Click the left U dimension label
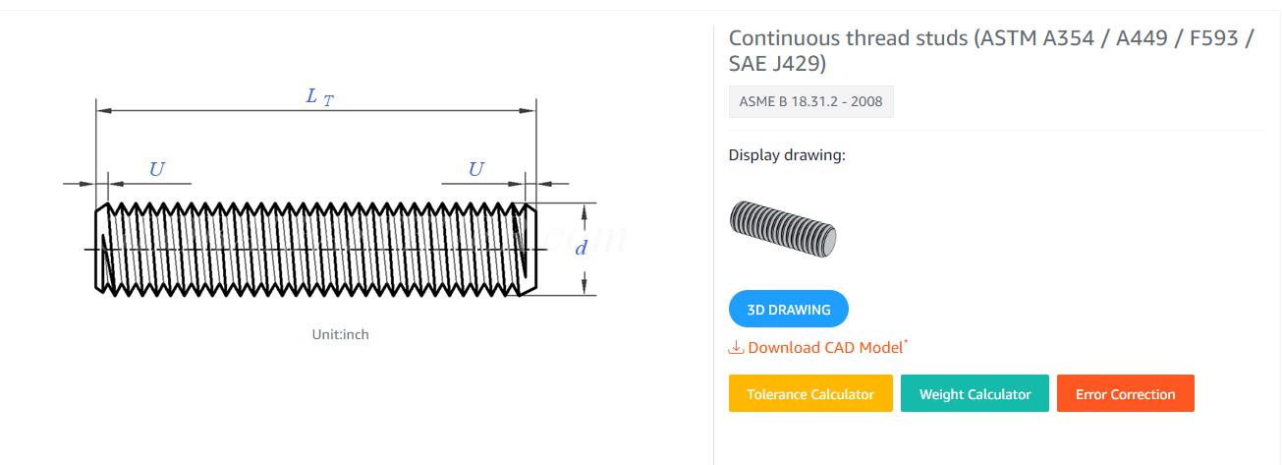156,169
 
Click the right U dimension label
475,169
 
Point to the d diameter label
581,248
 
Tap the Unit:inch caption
340,334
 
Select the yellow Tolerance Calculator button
809,393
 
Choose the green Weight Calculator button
975,393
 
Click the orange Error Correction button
1125,393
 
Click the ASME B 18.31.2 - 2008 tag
810,101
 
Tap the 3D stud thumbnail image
782,228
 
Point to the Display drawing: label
786,155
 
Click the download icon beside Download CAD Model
736,347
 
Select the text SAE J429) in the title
777,64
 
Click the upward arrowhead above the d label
585,210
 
